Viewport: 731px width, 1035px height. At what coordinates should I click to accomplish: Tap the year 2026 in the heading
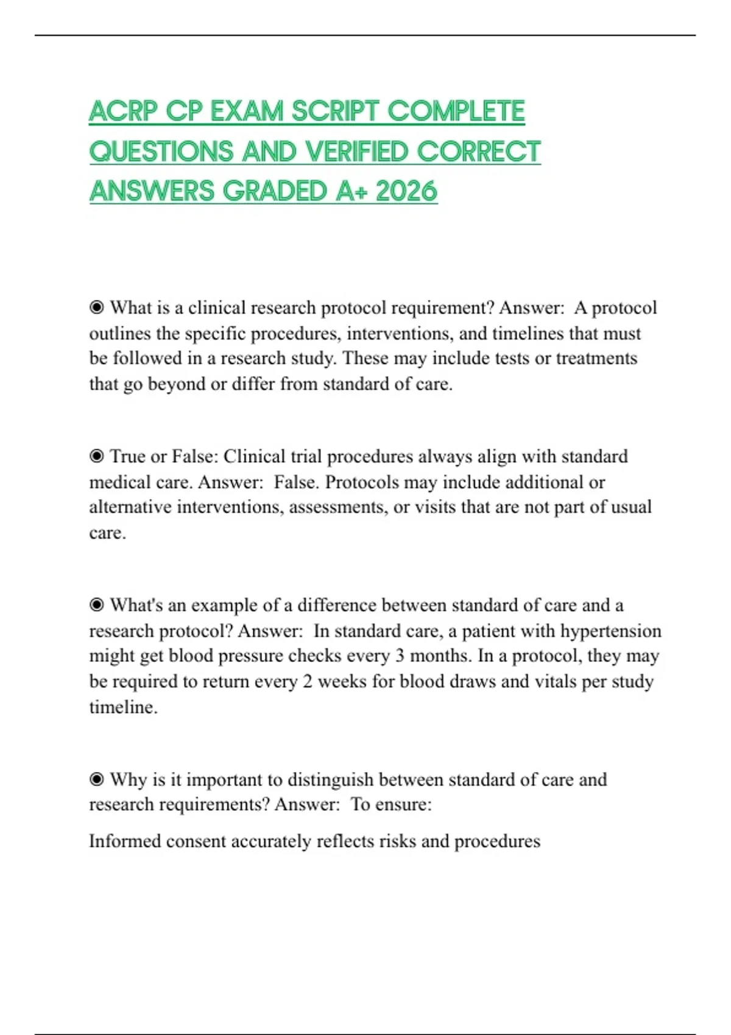pos(406,191)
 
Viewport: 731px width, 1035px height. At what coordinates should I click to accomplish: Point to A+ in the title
pos(350,191)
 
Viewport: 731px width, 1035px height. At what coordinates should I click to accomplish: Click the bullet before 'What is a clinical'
pos(96,308)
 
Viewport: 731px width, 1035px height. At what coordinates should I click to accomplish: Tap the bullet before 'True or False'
pos(96,457)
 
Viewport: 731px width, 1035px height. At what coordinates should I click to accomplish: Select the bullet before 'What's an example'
pos(96,605)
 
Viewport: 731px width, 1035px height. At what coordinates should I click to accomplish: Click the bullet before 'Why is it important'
pos(96,779)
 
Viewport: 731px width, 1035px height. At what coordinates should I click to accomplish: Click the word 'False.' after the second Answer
pos(296,482)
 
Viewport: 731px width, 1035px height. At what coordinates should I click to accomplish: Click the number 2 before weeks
pos(307,681)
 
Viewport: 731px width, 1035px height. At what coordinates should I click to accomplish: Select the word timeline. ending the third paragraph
pos(123,707)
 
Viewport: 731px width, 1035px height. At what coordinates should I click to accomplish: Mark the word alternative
pos(130,507)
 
